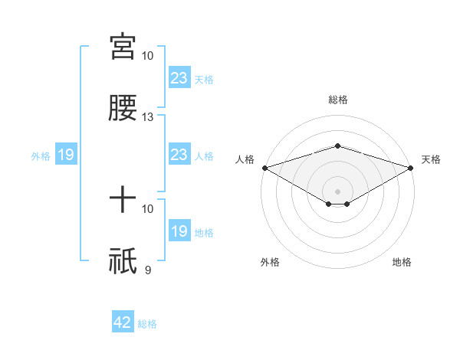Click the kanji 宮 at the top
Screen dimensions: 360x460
point(123,47)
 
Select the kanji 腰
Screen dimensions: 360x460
point(123,108)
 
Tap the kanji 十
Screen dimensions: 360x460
point(123,201)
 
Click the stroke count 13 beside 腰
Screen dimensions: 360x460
point(148,117)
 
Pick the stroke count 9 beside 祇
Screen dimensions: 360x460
point(148,269)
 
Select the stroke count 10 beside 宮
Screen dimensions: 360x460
point(148,56)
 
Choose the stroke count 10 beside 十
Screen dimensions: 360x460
point(148,208)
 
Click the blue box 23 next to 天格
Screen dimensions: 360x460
point(179,78)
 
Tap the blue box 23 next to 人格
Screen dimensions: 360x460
point(179,155)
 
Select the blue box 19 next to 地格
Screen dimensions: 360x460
point(179,231)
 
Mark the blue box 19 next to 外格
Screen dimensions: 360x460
point(66,155)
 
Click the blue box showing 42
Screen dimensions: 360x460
point(123,322)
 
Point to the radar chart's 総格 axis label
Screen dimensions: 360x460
point(338,100)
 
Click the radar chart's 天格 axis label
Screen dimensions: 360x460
point(431,159)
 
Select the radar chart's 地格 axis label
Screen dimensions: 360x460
point(402,262)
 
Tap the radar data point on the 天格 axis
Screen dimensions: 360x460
point(412,167)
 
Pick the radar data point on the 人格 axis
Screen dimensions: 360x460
point(264,167)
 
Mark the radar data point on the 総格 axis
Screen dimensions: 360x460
point(338,146)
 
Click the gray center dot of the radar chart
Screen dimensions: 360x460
point(338,191)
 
